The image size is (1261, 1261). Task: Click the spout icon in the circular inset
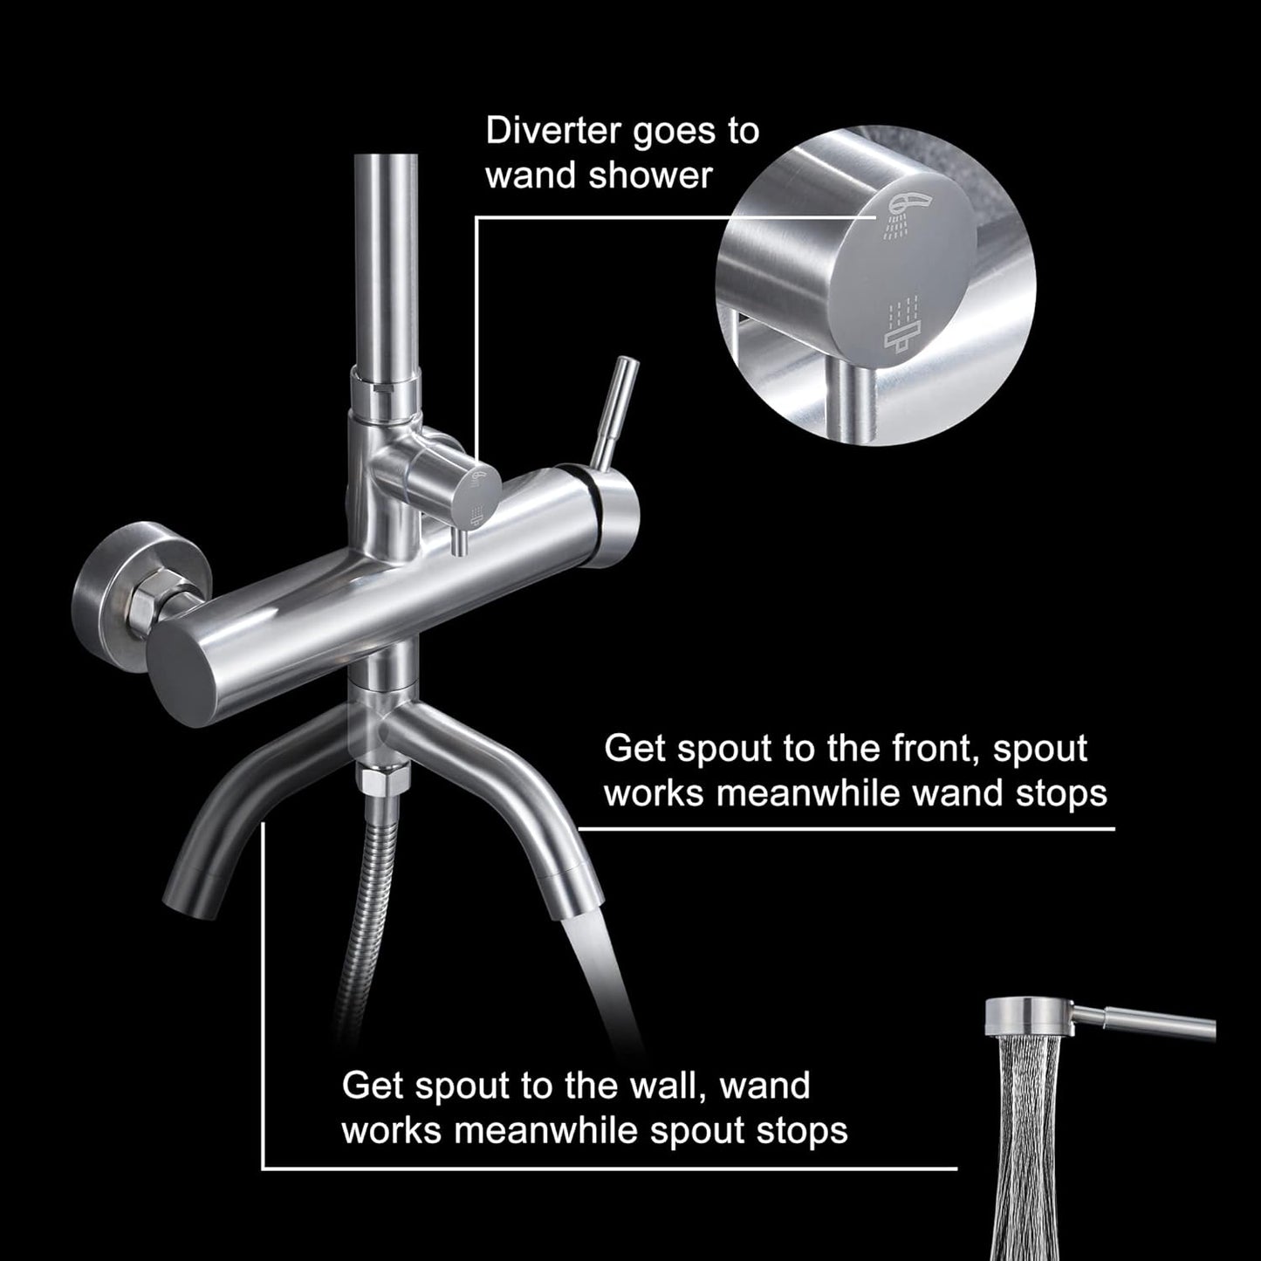pos(904,327)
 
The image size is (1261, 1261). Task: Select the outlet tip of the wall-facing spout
pos(185,903)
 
